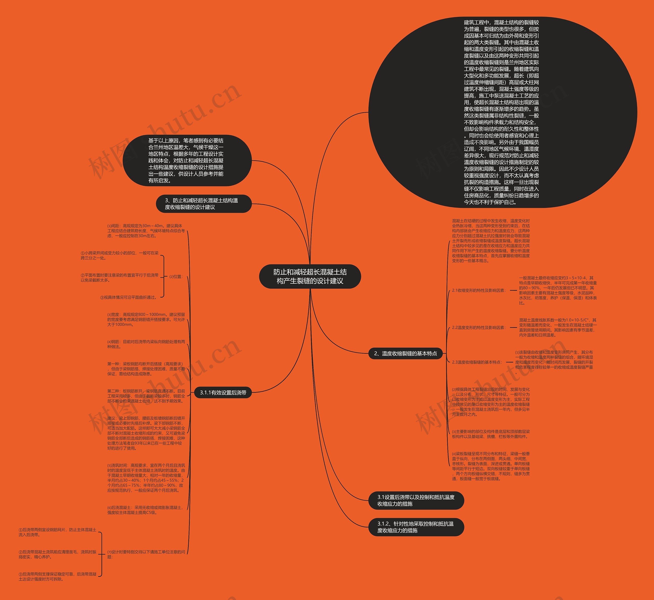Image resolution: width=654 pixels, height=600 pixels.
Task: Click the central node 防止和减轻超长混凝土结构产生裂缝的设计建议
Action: point(310,276)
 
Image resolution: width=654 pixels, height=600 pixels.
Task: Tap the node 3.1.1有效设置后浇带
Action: point(223,393)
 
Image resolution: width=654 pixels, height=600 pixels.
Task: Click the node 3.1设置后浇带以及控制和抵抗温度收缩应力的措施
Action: point(416,500)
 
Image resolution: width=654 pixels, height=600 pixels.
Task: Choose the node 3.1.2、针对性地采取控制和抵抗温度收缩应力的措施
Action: point(416,527)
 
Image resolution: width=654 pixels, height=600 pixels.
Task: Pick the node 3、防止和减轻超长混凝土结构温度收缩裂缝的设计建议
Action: point(204,204)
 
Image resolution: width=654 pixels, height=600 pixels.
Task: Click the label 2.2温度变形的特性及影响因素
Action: point(479,328)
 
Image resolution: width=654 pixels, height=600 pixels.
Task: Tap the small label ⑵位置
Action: point(176,277)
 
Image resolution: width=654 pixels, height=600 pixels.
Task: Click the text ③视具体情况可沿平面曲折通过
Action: point(129,297)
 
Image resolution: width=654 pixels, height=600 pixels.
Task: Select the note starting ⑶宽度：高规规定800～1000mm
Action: point(146,320)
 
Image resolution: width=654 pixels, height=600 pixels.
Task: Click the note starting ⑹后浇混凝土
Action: point(145,510)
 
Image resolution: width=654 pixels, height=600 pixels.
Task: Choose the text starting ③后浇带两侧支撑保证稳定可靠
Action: point(57,576)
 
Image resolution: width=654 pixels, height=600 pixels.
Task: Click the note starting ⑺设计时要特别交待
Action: point(146,554)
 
